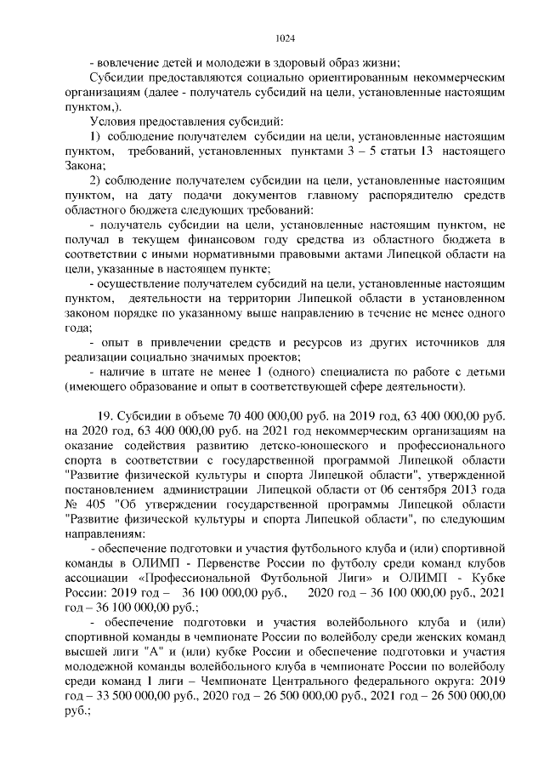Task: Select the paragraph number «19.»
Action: pos(107,415)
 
